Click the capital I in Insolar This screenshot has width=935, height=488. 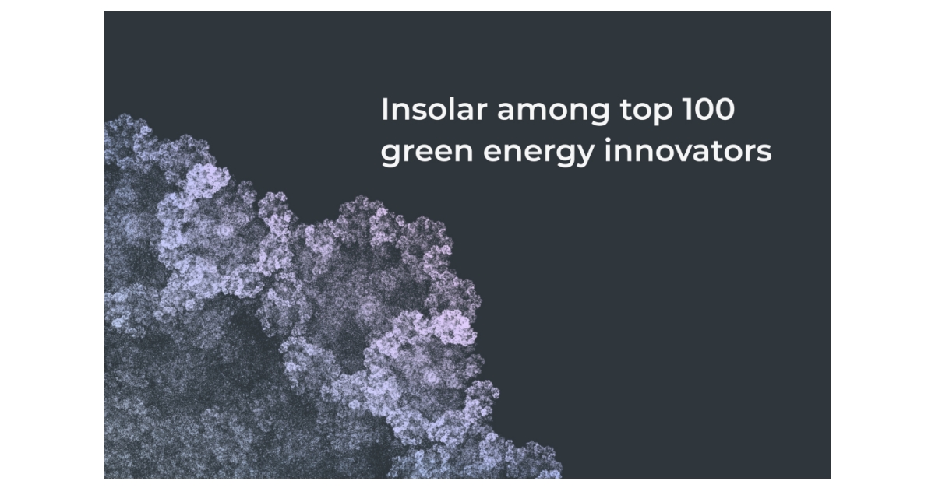(384, 110)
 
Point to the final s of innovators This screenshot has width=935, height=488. (764, 153)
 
